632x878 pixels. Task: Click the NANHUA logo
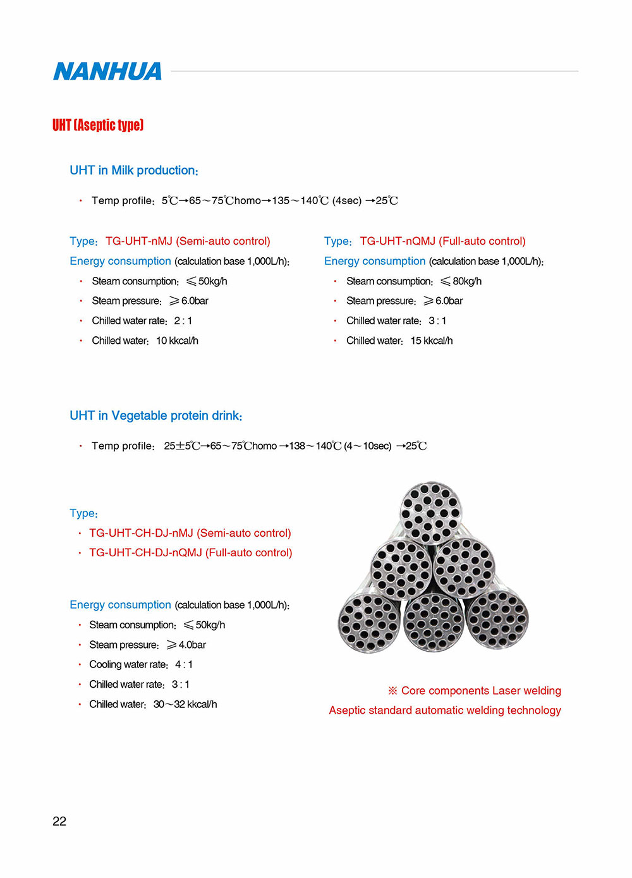coord(107,71)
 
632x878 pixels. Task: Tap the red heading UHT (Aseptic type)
coord(98,125)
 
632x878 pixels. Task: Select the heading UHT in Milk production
coord(134,171)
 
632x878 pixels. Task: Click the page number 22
coord(59,821)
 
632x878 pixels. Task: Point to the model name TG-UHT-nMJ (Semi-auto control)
coord(188,241)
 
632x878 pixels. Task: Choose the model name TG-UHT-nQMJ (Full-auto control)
coord(442,241)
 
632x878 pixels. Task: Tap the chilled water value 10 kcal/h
coord(177,341)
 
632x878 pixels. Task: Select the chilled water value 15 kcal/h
coord(432,341)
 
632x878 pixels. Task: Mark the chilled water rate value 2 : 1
coord(183,321)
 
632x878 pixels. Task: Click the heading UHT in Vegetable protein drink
coord(156,416)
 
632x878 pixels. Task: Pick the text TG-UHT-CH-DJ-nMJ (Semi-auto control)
coord(190,534)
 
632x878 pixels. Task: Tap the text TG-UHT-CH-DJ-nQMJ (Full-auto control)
coord(191,553)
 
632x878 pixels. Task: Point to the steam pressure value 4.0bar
coord(191,645)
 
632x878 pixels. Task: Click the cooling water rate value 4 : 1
coord(184,664)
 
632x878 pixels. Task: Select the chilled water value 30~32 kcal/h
coord(185,704)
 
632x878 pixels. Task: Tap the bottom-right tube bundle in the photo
coord(497,621)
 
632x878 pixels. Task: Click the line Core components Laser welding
coord(481,691)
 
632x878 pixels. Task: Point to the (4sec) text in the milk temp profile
coord(347,201)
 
